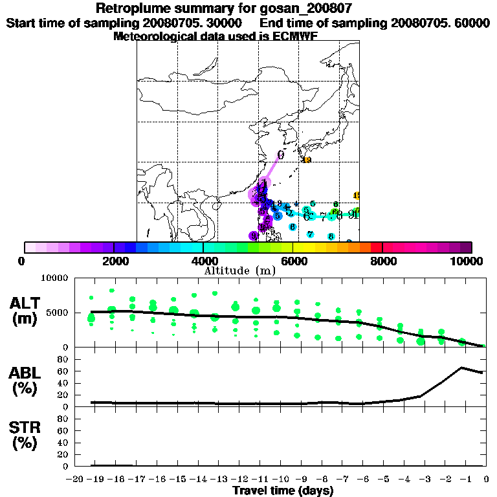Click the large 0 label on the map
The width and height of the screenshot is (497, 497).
(x=281, y=155)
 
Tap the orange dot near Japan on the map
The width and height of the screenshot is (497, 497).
(x=307, y=160)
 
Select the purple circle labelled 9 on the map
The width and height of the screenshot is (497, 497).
(x=254, y=236)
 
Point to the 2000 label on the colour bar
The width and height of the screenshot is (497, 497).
(x=113, y=261)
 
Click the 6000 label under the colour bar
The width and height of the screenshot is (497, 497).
(x=293, y=261)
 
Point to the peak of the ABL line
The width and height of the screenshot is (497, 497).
(x=462, y=368)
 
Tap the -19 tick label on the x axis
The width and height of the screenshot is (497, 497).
(x=91, y=479)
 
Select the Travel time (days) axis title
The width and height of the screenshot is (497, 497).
(x=283, y=491)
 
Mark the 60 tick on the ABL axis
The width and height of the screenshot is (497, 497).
(x=63, y=371)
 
